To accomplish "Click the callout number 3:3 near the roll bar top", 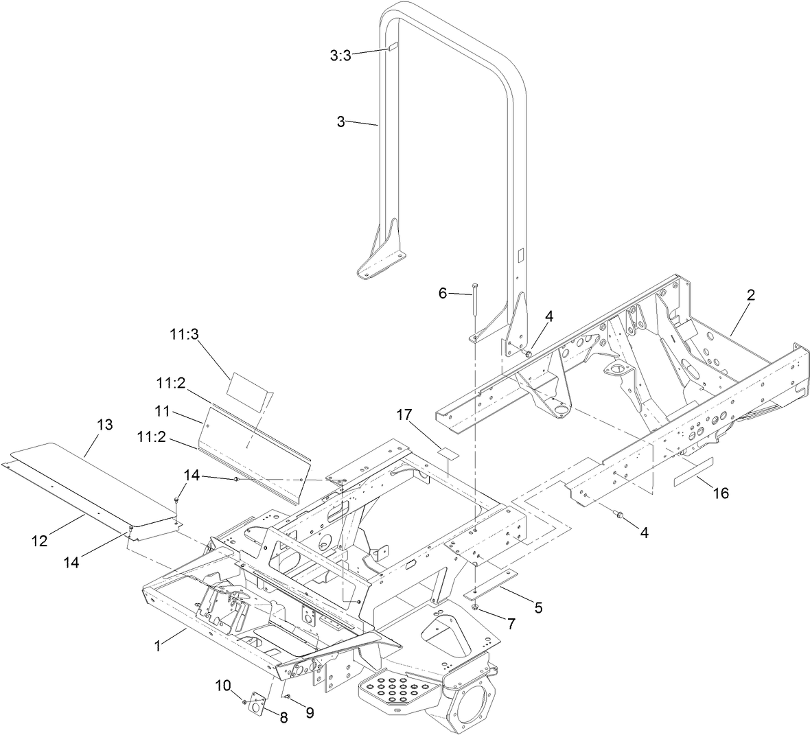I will pos(340,56).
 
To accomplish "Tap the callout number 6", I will pos(443,293).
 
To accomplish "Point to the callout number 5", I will pos(538,607).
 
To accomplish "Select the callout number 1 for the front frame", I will pos(159,645).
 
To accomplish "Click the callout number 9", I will pos(309,713).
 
